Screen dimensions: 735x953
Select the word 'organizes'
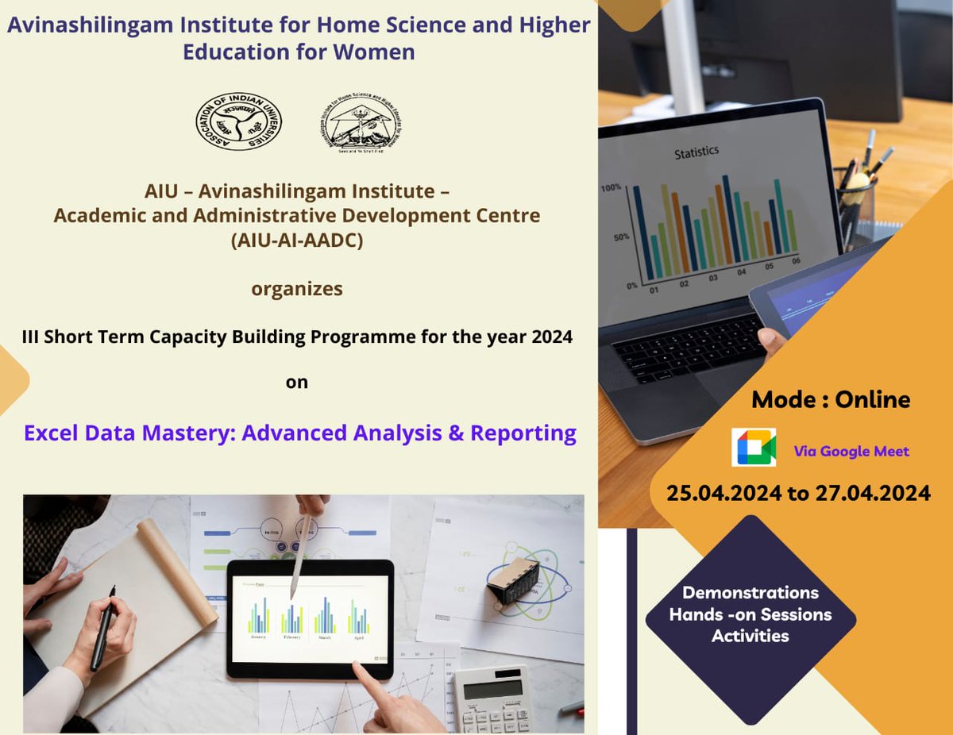pyautogui.click(x=297, y=289)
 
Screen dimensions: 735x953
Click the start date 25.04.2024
pyautogui.click(x=723, y=493)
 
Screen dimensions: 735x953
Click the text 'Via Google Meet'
pyautogui.click(x=851, y=452)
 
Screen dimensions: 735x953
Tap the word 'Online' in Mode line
pyautogui.click(x=872, y=398)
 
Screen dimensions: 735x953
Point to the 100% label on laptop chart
pyautogui.click(x=611, y=188)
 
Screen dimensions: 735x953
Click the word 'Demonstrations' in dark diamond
pyautogui.click(x=750, y=592)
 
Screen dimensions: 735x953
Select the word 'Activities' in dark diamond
pyautogui.click(x=750, y=636)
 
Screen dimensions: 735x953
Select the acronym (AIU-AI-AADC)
pyautogui.click(x=297, y=242)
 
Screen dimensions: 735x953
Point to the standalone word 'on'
pyautogui.click(x=297, y=382)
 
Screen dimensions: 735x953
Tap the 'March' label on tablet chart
pyautogui.click(x=325, y=637)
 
